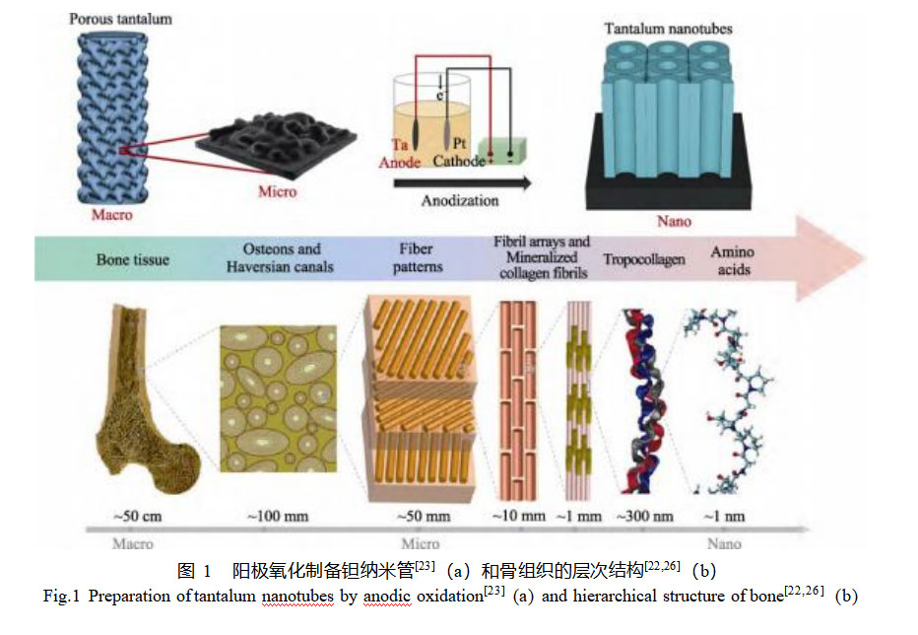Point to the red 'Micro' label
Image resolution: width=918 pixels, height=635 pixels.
(x=277, y=190)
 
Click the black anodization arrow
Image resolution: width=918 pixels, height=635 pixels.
(x=462, y=183)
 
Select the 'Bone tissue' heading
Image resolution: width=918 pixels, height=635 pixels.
(x=133, y=260)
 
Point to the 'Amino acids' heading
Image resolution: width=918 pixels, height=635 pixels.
(x=732, y=260)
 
